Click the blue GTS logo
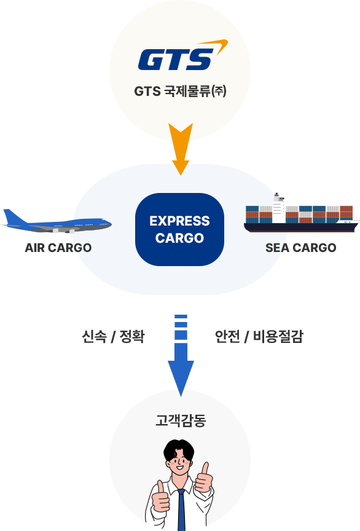point(176,60)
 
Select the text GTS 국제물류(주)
point(180,91)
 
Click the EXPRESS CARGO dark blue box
point(179,229)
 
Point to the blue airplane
point(57,221)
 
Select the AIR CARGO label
point(58,248)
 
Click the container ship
point(302,213)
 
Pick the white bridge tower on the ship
point(279,208)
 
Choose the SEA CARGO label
point(301,248)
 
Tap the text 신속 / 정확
point(113,336)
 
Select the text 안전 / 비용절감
point(259,336)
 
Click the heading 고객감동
point(181,420)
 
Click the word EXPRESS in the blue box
point(179,221)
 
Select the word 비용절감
point(278,336)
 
